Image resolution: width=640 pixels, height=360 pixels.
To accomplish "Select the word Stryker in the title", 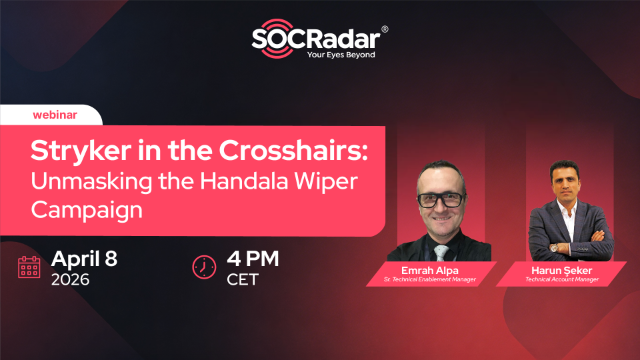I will coord(76,151).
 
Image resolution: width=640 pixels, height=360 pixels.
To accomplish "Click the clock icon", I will coord(204,267).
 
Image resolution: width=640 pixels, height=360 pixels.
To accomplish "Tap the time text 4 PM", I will coord(255,258).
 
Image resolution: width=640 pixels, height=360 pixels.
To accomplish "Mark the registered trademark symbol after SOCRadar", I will coord(386,30).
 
